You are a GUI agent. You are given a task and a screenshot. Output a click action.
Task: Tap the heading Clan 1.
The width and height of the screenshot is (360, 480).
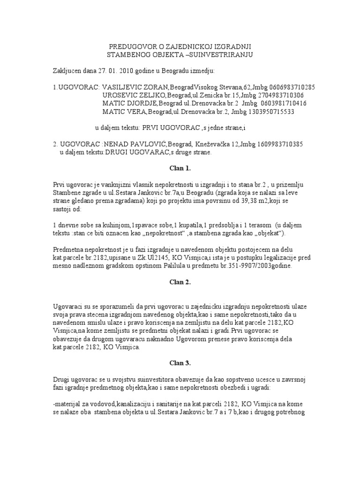[180, 167]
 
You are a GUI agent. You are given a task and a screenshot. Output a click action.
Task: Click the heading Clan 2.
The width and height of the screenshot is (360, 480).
[180, 282]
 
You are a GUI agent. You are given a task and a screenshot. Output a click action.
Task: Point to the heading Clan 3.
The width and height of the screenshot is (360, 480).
[180, 363]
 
